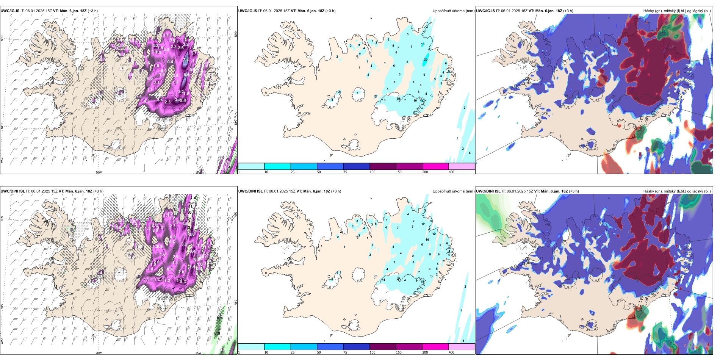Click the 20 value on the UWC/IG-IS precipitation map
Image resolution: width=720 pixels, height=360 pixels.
[x=426, y=59]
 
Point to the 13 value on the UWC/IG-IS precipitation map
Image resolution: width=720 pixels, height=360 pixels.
[x=423, y=44]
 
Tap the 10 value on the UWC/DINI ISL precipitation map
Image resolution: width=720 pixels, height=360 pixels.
[x=427, y=239]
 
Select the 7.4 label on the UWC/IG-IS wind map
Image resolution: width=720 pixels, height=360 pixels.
[x=186, y=59]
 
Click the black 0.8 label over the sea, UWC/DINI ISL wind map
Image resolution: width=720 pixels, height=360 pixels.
[x=217, y=333]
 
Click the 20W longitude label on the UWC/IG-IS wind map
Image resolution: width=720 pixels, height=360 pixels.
[x=99, y=172]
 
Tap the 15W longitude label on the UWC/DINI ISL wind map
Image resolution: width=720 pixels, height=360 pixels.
[x=198, y=353]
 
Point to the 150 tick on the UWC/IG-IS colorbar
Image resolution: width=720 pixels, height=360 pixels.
[x=398, y=172]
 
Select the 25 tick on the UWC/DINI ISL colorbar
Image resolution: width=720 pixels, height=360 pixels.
[x=293, y=352]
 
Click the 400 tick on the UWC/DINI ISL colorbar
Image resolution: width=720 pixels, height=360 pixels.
[x=451, y=352]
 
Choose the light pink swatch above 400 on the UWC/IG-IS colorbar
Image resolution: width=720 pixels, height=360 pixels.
[x=462, y=166]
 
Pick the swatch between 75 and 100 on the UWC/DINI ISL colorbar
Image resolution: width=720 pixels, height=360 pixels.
[x=356, y=347]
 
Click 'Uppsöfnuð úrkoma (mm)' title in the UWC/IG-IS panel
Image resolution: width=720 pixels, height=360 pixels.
[x=453, y=11]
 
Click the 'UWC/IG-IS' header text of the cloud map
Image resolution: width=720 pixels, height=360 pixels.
[x=485, y=11]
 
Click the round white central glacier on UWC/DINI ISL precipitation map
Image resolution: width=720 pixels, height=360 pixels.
[x=357, y=273]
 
